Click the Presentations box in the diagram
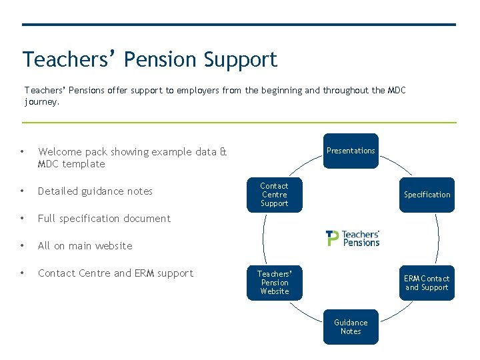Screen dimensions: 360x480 [x=351, y=151]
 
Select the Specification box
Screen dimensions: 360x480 [x=427, y=195]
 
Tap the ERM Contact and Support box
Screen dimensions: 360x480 [x=427, y=283]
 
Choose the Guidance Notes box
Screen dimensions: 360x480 [x=351, y=327]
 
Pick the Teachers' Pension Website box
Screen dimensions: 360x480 [x=275, y=283]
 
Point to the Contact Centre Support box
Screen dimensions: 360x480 [x=275, y=195]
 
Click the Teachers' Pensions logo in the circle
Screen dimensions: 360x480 [x=353, y=239]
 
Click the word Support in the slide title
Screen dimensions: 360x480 [x=240, y=59]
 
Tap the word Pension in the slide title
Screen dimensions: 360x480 [x=161, y=59]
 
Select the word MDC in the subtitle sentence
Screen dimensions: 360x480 [x=395, y=90]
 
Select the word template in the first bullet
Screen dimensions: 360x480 [x=84, y=164]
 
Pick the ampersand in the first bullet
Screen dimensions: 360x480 [x=223, y=152]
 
